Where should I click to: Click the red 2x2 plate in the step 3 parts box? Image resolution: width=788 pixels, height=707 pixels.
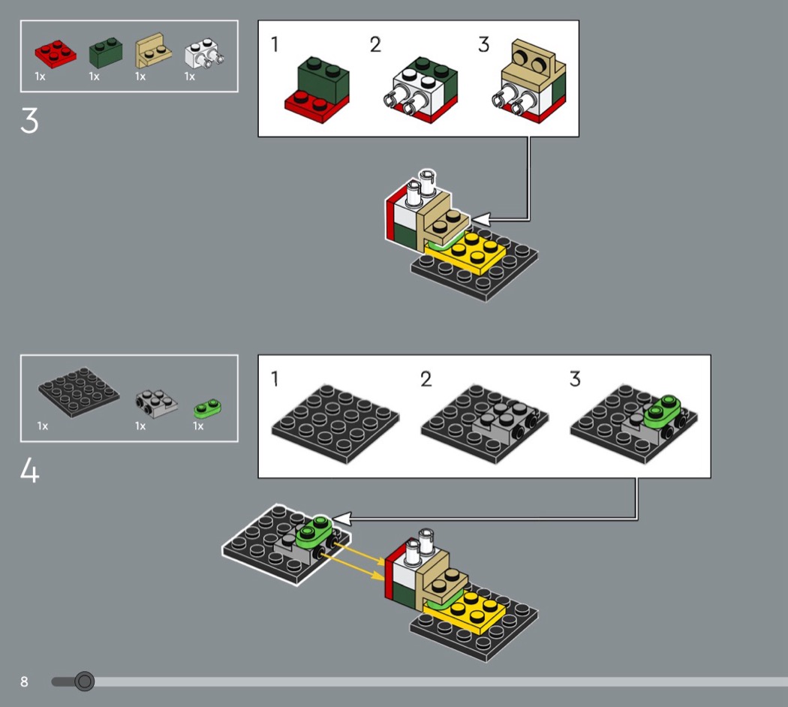pos(56,54)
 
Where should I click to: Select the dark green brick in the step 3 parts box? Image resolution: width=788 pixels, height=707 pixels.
pos(106,53)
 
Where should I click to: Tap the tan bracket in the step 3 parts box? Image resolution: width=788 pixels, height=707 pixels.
pos(152,51)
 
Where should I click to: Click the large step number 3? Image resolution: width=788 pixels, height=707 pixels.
pos(29,120)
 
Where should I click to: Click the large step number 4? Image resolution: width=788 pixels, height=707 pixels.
pos(30,471)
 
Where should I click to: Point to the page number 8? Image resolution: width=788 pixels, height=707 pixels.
pos(24,681)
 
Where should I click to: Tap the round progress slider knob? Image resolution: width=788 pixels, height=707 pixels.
pos(84,681)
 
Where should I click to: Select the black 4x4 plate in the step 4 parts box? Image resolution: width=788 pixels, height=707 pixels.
pos(78,393)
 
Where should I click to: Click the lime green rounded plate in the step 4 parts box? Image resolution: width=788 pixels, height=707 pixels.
pos(208,408)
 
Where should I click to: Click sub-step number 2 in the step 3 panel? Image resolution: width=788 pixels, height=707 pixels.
pos(375,45)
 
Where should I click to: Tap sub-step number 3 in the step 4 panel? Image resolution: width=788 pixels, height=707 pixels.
pos(575,379)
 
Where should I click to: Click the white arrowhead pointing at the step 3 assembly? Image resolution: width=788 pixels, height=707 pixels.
pos(481,220)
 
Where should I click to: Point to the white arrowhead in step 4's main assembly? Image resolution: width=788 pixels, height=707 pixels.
pos(341,519)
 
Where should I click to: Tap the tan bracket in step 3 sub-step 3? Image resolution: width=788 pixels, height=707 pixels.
pos(534,66)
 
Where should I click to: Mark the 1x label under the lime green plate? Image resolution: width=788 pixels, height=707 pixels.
pos(198,426)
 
